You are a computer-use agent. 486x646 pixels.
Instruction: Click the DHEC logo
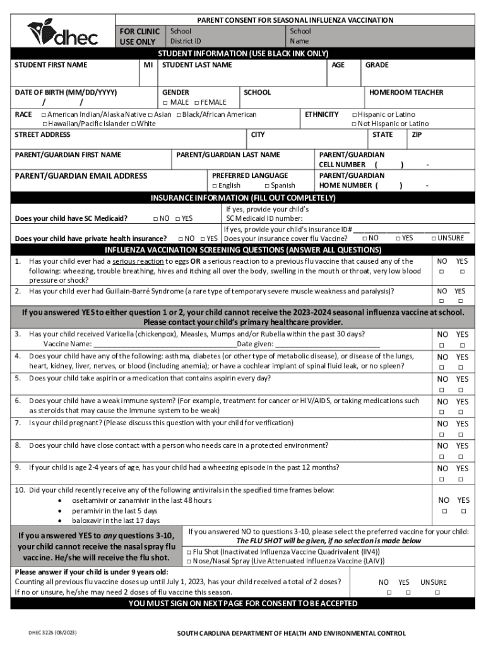(x=62, y=32)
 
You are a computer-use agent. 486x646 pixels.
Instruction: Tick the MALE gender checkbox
(x=165, y=103)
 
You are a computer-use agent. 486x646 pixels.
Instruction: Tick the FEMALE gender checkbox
(x=197, y=103)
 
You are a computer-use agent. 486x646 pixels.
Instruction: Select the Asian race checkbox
(x=150, y=115)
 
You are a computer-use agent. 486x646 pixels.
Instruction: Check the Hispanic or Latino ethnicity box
(x=354, y=115)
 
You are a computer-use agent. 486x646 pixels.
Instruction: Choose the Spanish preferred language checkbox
(x=267, y=186)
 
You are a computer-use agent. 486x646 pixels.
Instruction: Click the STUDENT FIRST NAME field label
(x=51, y=65)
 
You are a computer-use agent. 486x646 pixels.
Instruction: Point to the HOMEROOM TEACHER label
(x=406, y=93)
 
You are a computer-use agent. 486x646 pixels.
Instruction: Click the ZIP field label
(x=417, y=135)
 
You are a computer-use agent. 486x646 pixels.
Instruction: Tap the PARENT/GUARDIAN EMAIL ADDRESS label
(x=81, y=176)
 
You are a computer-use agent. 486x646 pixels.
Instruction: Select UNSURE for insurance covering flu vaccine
(x=434, y=238)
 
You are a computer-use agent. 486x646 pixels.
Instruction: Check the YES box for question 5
(x=463, y=390)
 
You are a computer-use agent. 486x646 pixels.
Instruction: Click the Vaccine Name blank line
(x=164, y=344)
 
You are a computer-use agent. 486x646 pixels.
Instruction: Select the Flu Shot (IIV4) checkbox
(x=189, y=551)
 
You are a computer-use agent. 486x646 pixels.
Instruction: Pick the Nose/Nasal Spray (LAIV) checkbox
(x=189, y=560)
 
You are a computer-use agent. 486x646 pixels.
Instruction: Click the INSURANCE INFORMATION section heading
(x=243, y=198)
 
